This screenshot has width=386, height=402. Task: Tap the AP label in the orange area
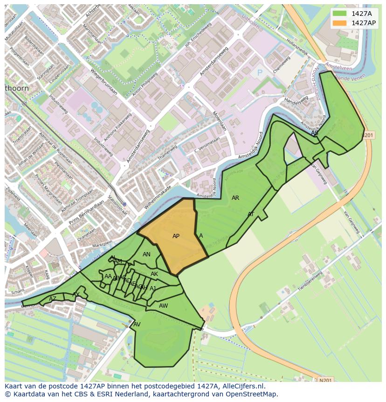(x=176, y=236)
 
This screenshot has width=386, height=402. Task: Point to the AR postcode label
(x=235, y=198)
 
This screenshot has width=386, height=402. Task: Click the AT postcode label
(x=251, y=214)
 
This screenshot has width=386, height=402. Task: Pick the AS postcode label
(x=315, y=133)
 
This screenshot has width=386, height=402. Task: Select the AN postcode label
(x=146, y=254)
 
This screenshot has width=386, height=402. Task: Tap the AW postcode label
(x=163, y=306)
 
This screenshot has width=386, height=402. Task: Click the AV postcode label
(x=137, y=324)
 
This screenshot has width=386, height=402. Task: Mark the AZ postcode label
(x=53, y=299)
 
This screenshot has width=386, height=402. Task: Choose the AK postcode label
(x=154, y=274)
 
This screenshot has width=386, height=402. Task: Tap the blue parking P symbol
(x=260, y=73)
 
